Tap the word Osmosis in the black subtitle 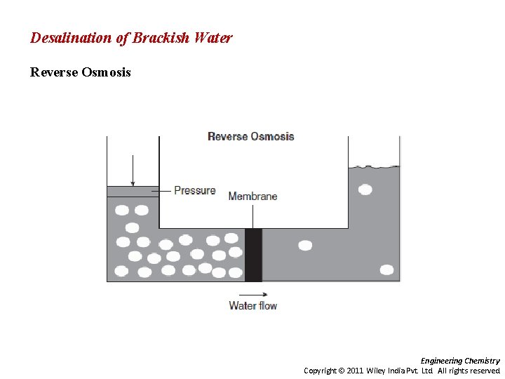click(x=105, y=72)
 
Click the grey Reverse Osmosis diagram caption click(x=250, y=136)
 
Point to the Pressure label click(x=194, y=190)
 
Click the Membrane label click(x=252, y=197)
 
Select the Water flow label click(x=252, y=305)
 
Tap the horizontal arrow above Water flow click(x=252, y=294)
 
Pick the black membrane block click(x=253, y=255)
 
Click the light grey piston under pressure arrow click(x=133, y=192)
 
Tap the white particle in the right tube click(x=365, y=189)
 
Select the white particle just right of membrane click(x=305, y=246)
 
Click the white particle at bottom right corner click(x=386, y=270)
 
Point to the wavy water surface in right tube click(x=374, y=167)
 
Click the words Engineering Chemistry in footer click(x=460, y=361)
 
